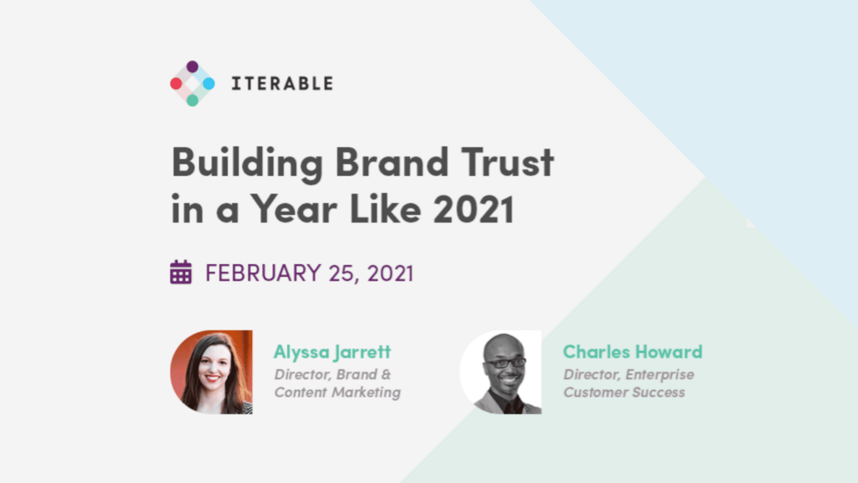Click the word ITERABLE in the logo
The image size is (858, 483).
click(282, 83)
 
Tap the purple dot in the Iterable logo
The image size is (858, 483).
click(192, 66)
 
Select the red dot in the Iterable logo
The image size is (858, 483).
click(176, 83)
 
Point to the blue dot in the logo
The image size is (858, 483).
click(208, 83)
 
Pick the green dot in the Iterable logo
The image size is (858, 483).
click(192, 100)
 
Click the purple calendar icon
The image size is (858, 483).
click(181, 272)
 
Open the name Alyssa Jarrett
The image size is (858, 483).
click(332, 351)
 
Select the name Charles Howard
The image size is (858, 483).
click(632, 351)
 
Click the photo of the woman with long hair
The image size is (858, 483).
click(211, 372)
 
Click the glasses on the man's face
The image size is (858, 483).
click(505, 363)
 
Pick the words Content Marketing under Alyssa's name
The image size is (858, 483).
click(337, 392)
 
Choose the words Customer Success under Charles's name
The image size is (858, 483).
click(624, 392)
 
